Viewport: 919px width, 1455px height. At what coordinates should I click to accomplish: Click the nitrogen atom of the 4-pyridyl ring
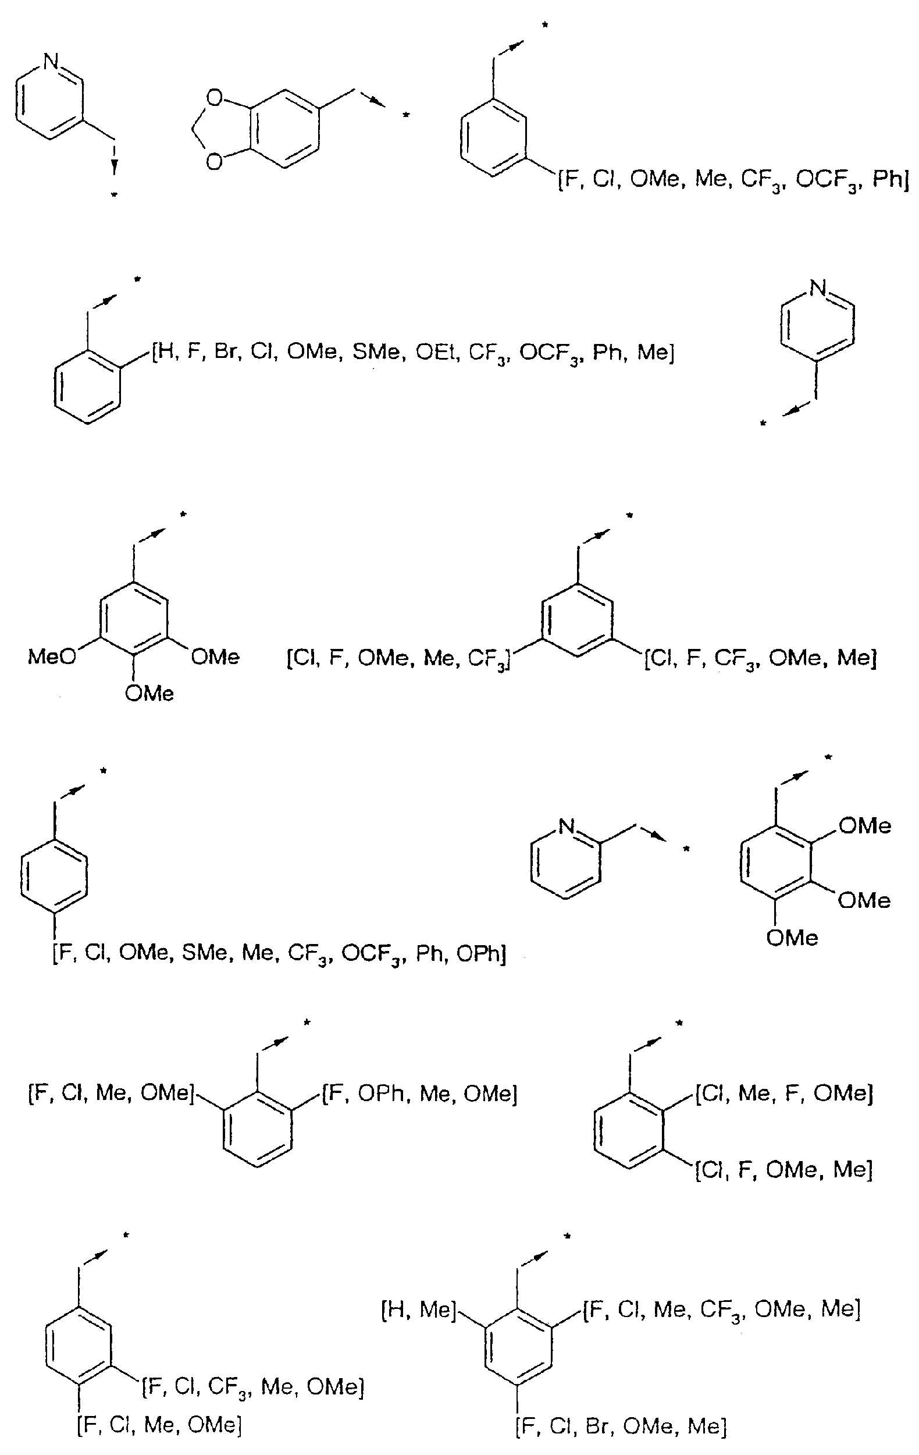tap(818, 288)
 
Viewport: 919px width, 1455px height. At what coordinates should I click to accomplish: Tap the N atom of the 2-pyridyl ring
tap(566, 826)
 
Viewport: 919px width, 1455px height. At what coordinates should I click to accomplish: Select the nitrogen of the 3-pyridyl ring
tap(51, 61)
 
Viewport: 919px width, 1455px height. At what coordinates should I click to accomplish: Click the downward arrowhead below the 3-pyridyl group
tap(113, 166)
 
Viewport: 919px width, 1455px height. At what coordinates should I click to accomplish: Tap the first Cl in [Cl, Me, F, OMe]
tap(713, 1093)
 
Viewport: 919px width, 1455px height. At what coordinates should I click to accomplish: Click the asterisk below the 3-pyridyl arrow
tap(113, 194)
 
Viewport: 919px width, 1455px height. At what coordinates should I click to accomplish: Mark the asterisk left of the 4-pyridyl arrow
tap(763, 424)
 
